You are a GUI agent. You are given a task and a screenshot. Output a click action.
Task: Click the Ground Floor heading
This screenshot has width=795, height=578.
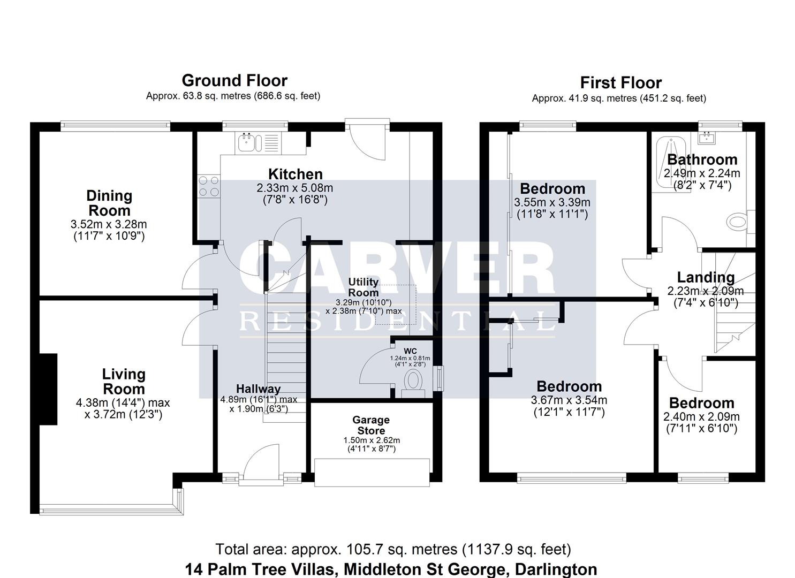pos(234,81)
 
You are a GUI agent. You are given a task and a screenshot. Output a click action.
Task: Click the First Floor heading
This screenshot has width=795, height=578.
pos(620,83)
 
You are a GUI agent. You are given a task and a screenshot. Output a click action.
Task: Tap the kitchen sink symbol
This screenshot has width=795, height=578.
pos(248,143)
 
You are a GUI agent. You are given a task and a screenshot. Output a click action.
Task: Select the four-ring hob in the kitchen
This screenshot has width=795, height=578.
pos(209,186)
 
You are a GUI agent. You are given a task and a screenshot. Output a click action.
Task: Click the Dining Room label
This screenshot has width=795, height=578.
pos(109,203)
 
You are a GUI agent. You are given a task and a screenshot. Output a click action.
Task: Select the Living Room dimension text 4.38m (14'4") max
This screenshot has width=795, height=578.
pos(123,403)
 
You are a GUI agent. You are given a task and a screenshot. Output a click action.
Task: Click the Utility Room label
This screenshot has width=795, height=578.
pos(364,287)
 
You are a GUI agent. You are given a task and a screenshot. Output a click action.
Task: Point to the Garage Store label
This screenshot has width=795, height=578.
pos(371,425)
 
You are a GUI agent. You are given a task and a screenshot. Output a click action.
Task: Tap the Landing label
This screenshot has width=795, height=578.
pos(706,277)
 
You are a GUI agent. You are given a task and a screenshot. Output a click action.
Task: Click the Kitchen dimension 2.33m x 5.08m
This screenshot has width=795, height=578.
pos(295,188)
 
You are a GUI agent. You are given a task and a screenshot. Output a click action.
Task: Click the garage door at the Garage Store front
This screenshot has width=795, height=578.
pos(372,472)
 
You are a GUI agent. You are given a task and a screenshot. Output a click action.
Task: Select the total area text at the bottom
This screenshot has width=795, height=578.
pos(393,549)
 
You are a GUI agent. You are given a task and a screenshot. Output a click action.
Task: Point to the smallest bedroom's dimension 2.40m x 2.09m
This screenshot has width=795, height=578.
pos(701,417)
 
